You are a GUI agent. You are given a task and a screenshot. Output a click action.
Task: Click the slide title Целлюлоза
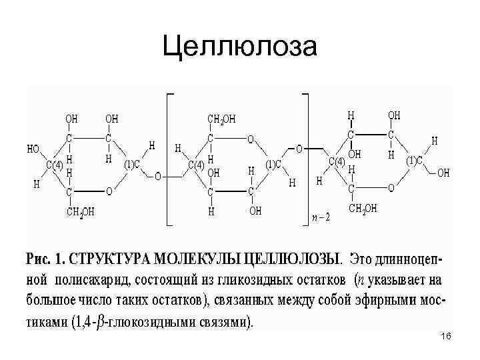pos(241,47)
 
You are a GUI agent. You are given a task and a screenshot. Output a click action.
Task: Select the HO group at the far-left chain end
pos(33,149)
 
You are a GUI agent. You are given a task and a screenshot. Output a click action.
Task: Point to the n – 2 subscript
pos(321,217)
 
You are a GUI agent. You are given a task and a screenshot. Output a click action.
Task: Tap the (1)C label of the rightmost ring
pos(417,161)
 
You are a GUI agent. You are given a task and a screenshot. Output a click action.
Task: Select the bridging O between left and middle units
pos(157,177)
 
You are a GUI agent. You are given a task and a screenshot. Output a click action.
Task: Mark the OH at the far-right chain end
pos(443,173)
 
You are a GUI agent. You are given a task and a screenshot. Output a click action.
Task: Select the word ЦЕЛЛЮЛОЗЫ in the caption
pos(293,257)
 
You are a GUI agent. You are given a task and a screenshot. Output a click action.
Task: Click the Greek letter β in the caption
pos(100,322)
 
